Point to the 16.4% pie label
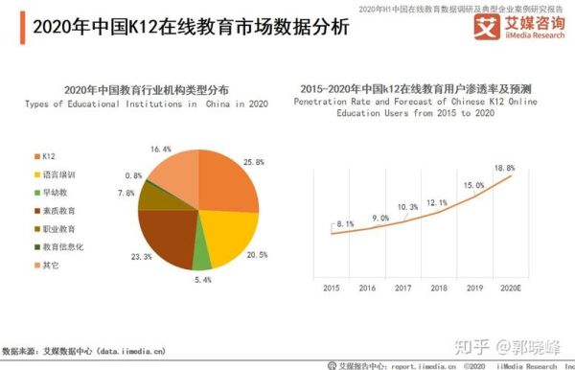pos(160,149)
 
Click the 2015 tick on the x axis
pos(331,287)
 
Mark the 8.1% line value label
pos(346,224)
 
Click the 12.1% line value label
pos(436,202)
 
